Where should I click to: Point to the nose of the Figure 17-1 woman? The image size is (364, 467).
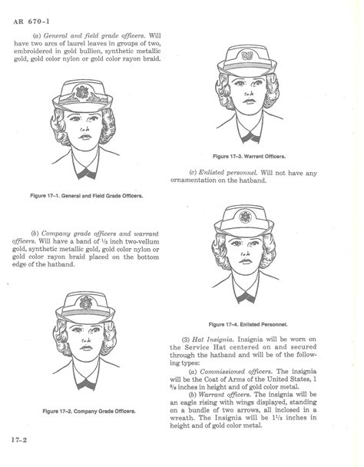coord(87,147)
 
